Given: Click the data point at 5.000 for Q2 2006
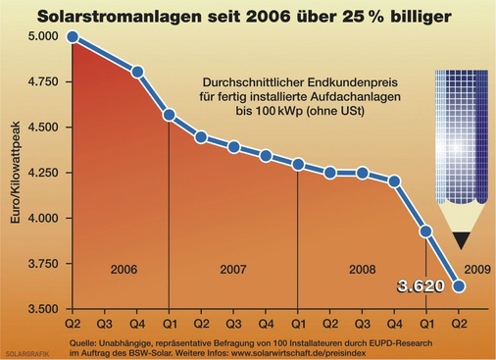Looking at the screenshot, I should coord(73,37).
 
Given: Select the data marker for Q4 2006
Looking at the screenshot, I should coord(137,72).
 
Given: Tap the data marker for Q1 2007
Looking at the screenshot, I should coord(169,115).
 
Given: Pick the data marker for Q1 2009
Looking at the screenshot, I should coord(425,231).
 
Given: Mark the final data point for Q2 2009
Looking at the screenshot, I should coord(458,286).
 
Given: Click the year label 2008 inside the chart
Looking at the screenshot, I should coord(361,267).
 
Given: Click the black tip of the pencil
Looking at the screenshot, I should coord(462,237).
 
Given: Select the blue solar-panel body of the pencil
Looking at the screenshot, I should coord(462,147).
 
